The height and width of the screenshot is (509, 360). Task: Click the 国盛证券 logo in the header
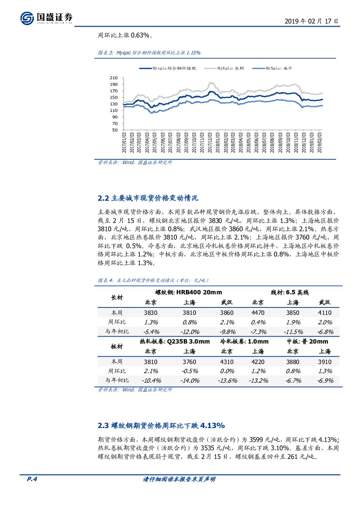(x=46, y=17)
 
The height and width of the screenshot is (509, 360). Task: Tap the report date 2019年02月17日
(x=311, y=20)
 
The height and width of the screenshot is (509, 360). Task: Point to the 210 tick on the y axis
(x=114, y=78)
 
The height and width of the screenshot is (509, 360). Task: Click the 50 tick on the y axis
(x=115, y=130)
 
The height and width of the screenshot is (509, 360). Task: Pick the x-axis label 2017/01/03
(x=124, y=142)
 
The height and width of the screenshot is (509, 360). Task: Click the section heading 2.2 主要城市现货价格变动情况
(x=148, y=198)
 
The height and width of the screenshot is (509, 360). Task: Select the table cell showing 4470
(x=258, y=313)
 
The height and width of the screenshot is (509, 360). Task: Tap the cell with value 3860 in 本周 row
(x=226, y=313)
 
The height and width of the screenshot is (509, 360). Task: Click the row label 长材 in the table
(x=118, y=297)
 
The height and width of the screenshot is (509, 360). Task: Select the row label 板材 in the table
(x=118, y=346)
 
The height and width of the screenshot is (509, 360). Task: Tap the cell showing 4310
(x=226, y=361)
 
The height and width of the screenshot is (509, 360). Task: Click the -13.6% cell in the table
(x=226, y=381)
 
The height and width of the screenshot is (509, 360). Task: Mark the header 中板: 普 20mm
(x=308, y=341)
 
